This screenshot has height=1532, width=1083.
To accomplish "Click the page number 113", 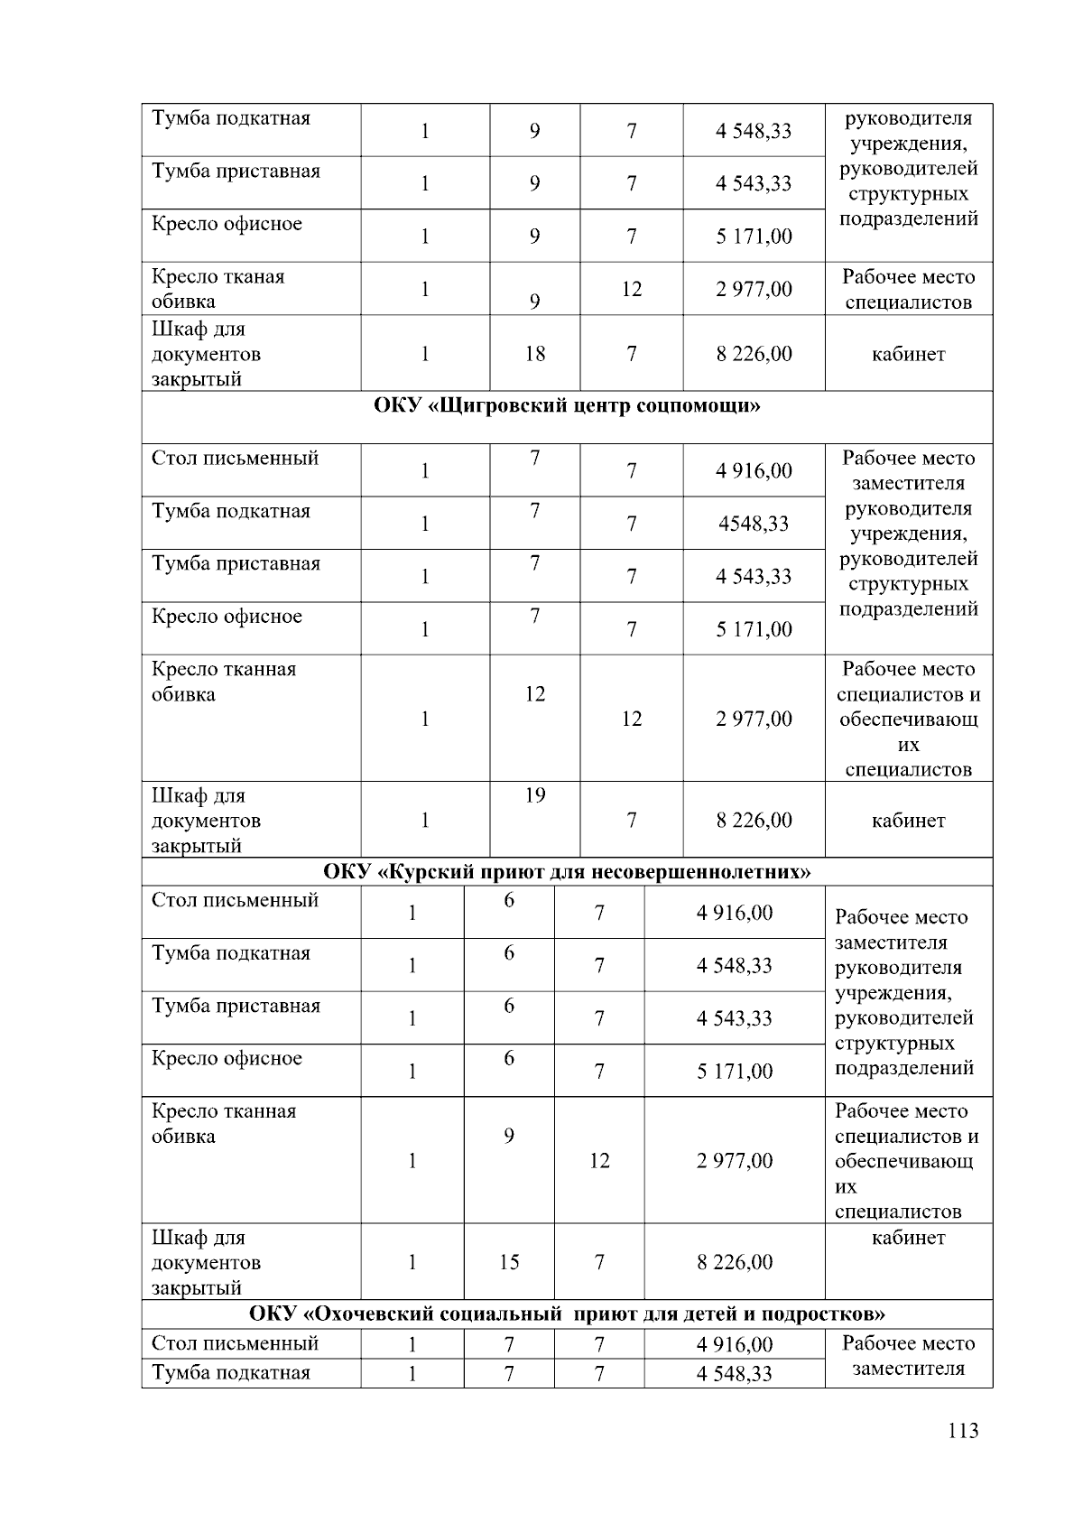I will click(963, 1431).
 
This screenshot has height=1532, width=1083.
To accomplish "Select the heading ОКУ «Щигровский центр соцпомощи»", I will click(567, 405).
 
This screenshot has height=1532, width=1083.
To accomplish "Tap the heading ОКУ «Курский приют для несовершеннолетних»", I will click(567, 872).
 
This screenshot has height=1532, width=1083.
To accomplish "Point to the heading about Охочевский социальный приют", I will click(567, 1313).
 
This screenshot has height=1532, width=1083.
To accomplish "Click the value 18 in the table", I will click(535, 354).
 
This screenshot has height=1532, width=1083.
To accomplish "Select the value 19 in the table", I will click(535, 795).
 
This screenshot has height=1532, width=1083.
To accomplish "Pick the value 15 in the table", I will click(509, 1262).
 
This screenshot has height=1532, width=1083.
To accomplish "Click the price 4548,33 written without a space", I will click(754, 524).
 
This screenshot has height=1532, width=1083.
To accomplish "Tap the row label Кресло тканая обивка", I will click(218, 289).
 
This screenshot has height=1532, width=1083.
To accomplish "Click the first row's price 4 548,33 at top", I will click(754, 131).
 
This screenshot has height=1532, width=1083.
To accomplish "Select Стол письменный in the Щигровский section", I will click(235, 459).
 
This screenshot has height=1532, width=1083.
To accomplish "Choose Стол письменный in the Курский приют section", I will click(235, 901).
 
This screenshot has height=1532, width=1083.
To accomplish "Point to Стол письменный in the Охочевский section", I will click(235, 1343).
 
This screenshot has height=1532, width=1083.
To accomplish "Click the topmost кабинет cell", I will click(908, 354).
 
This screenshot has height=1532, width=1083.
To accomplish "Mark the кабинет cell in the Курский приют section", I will click(908, 1238).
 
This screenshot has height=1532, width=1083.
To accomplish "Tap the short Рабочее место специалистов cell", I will click(908, 289).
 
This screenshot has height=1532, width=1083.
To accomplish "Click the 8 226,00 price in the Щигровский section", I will click(754, 821).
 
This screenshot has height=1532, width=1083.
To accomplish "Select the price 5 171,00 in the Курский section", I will click(735, 1072).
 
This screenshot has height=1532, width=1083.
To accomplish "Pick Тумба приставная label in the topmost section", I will click(236, 172).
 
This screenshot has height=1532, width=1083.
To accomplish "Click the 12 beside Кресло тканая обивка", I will click(632, 289).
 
